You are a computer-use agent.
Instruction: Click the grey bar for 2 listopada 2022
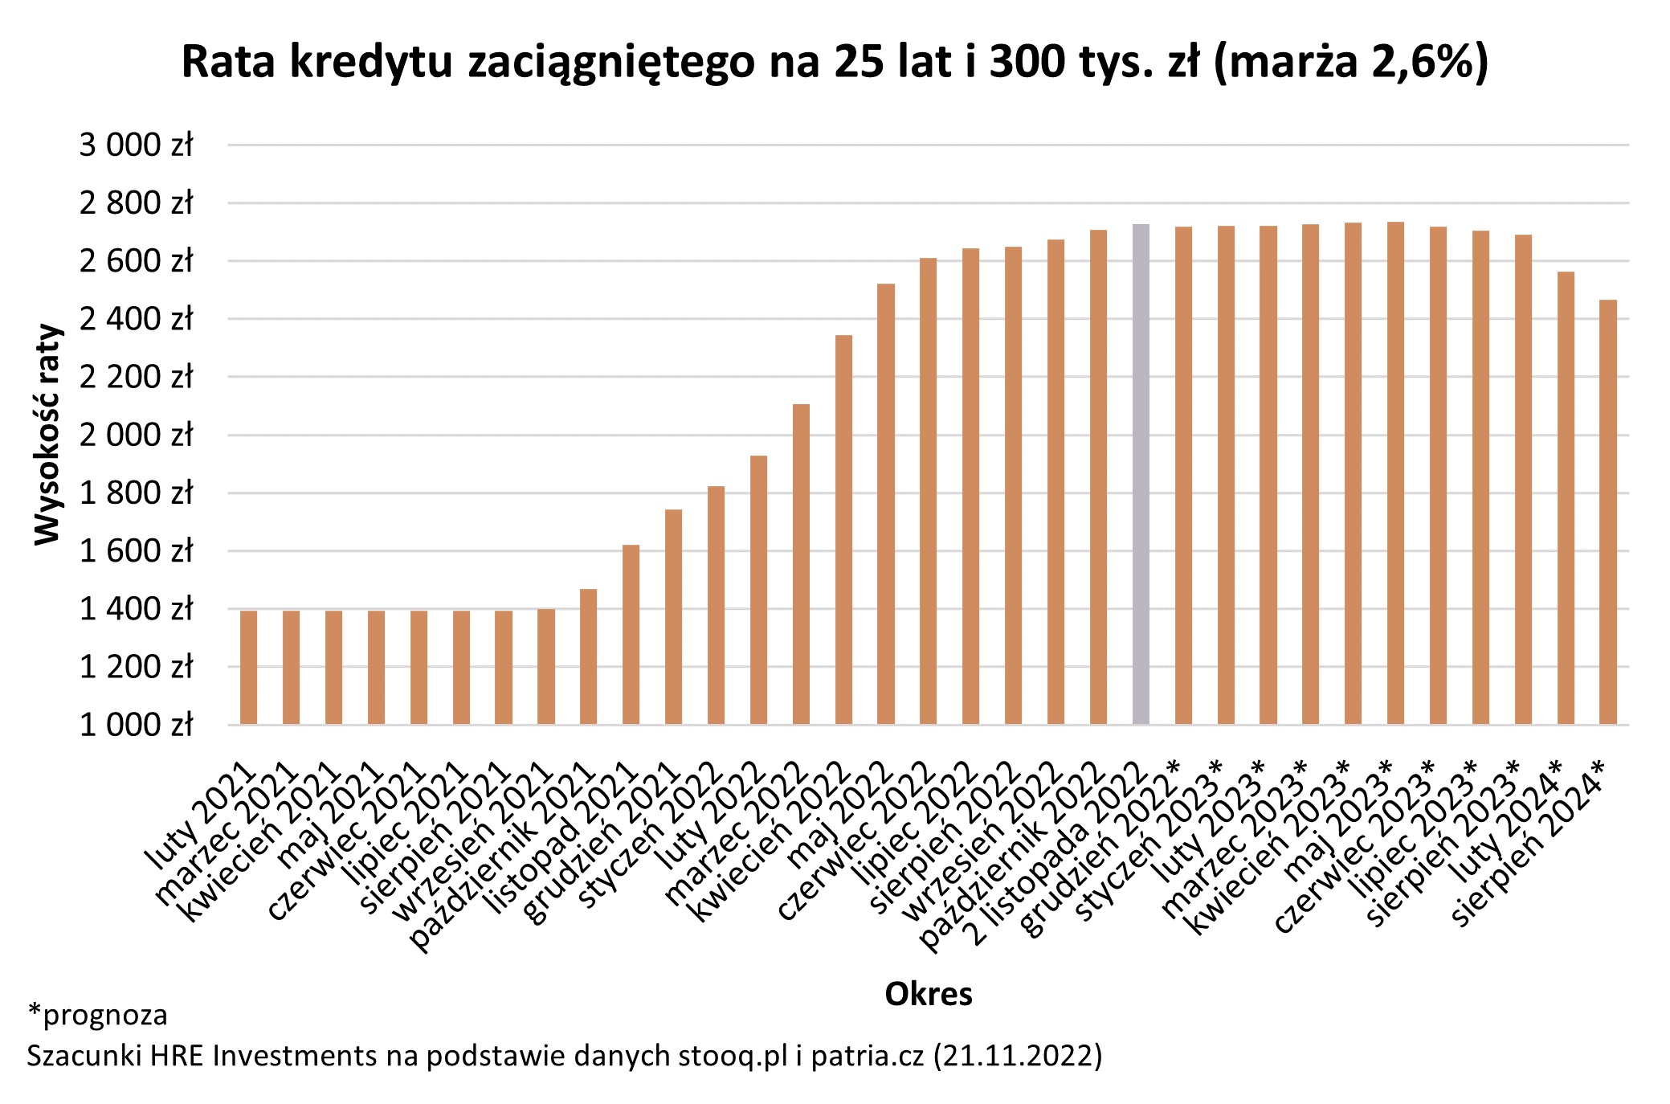pyautogui.click(x=1141, y=474)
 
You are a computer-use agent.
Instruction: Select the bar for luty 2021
pyautogui.click(x=248, y=667)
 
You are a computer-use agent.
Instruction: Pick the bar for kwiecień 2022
pyautogui.click(x=843, y=530)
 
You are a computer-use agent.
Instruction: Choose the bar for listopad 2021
pyautogui.click(x=631, y=635)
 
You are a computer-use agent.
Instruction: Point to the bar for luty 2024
pyautogui.click(x=1566, y=498)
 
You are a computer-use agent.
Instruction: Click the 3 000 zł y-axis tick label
pyautogui.click(x=136, y=145)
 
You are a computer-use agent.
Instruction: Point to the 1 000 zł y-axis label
pyautogui.click(x=136, y=725)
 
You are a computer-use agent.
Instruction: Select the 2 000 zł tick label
pyautogui.click(x=136, y=435)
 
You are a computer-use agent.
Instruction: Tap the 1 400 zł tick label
pyautogui.click(x=136, y=609)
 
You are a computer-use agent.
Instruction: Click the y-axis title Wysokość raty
pyautogui.click(x=47, y=435)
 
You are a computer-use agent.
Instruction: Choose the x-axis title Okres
pyautogui.click(x=928, y=994)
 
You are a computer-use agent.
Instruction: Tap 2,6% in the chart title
pyautogui.click(x=1421, y=62)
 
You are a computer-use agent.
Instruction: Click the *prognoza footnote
pyautogui.click(x=98, y=1015)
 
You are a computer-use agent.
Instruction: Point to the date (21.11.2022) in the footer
pyautogui.click(x=1018, y=1055)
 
